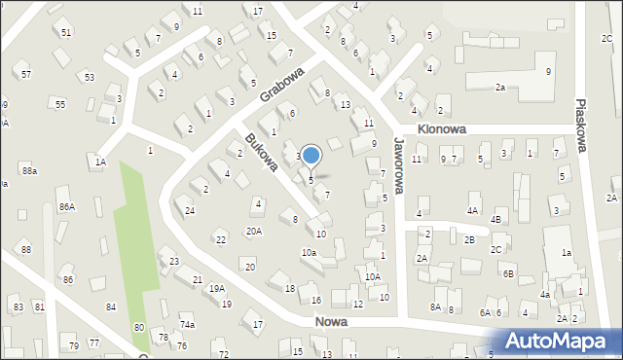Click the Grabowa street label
click(x=282, y=84)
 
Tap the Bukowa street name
click(x=261, y=153)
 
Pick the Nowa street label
click(x=332, y=321)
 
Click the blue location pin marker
click(x=311, y=156)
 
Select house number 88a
click(x=30, y=171)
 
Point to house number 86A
click(x=66, y=206)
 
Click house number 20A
click(x=253, y=232)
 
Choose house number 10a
click(x=309, y=253)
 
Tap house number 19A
click(x=216, y=288)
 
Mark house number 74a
click(x=187, y=325)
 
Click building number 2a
click(x=500, y=88)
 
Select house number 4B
click(x=495, y=220)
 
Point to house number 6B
click(x=508, y=274)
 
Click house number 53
click(x=90, y=76)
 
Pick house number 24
click(x=191, y=211)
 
